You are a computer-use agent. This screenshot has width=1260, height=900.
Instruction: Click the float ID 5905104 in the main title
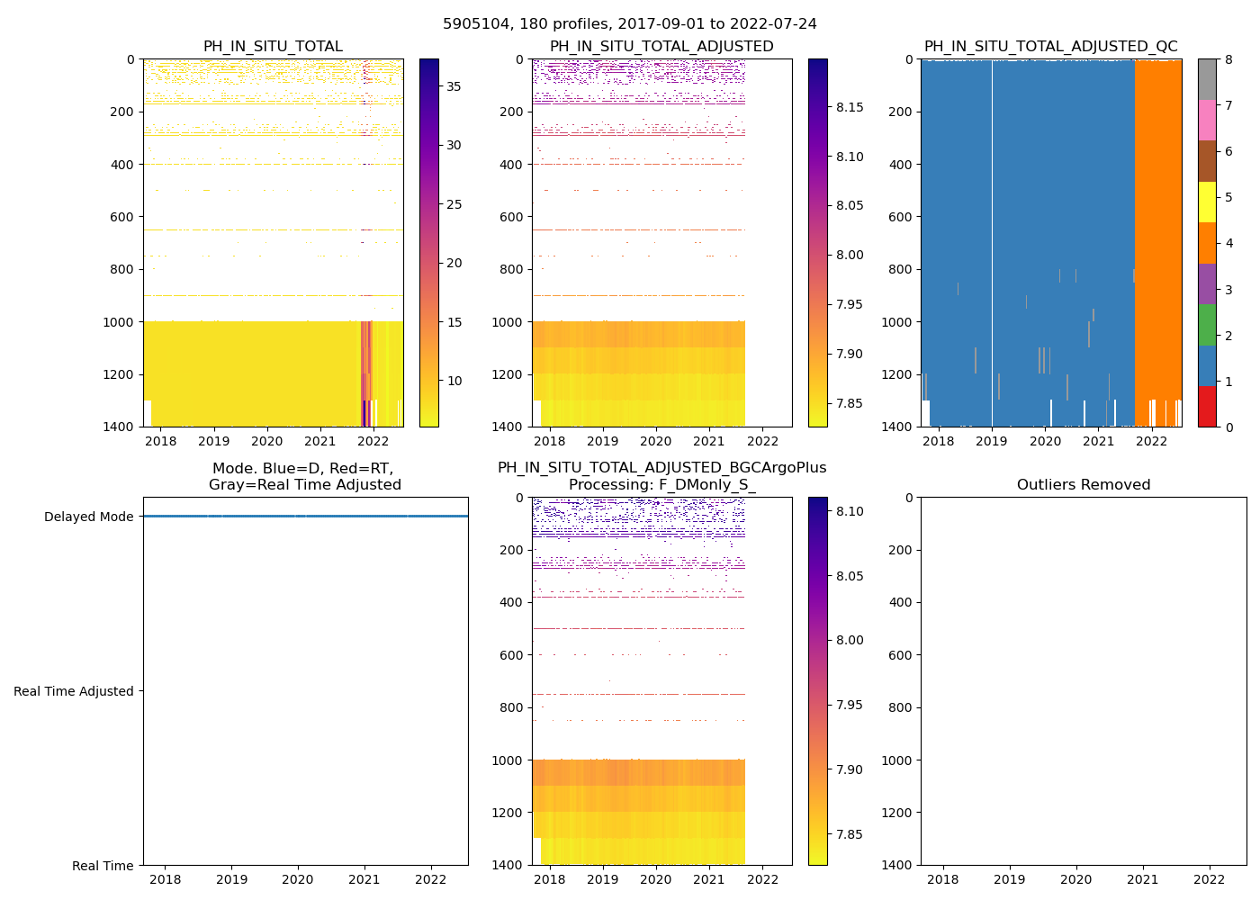point(473,24)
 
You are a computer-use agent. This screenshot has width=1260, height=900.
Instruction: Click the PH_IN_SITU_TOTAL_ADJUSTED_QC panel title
point(1050,47)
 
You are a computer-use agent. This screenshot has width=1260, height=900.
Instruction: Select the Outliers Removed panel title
point(1083,485)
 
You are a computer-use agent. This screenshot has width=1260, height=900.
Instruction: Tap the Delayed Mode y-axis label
point(88,517)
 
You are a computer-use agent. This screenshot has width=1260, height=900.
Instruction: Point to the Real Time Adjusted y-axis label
point(74,691)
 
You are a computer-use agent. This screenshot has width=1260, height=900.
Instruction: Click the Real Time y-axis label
point(103,866)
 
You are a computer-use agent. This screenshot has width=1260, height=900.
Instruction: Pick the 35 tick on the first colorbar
point(454,86)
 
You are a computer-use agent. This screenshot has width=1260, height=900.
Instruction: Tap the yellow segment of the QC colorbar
point(1207,202)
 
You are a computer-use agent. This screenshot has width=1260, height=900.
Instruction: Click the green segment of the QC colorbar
point(1207,325)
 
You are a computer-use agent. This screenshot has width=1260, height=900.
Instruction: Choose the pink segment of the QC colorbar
point(1207,120)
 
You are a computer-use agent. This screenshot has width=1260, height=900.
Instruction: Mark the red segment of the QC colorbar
point(1207,407)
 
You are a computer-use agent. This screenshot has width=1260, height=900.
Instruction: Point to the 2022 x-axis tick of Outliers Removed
point(1210,879)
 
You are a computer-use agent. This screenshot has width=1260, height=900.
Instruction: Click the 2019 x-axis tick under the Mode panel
point(231,879)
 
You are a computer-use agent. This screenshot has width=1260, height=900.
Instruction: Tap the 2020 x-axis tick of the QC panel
point(1045,441)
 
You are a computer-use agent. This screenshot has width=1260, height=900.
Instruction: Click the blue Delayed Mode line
point(306,516)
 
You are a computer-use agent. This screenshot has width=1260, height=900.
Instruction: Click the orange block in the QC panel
point(1158,225)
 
